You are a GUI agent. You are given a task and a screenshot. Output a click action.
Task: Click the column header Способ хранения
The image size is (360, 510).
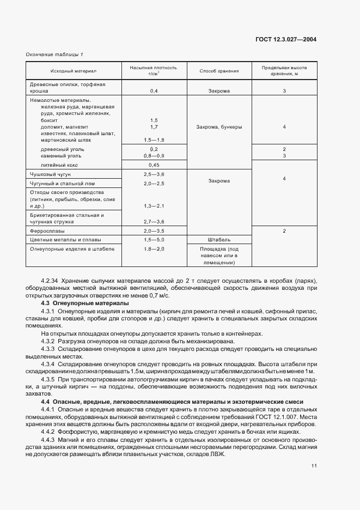[218, 71]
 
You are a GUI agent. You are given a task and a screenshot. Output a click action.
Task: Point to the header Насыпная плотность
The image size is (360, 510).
[154, 69]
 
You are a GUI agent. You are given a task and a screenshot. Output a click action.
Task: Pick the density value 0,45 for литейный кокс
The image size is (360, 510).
[154, 165]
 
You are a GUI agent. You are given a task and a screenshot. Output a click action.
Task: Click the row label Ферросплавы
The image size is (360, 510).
[47, 231]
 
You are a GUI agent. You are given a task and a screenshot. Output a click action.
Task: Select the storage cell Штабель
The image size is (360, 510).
[219, 239]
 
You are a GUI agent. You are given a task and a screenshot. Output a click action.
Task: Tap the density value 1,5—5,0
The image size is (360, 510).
[154, 239]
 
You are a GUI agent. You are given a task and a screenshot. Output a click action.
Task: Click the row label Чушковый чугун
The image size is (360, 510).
[50, 173]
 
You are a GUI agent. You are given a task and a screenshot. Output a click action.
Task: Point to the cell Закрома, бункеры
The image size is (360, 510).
[219, 127]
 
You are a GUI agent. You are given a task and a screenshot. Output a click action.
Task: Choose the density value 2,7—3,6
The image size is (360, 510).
[154, 222]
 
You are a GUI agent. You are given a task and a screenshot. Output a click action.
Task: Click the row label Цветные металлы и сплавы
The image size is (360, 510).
[65, 239]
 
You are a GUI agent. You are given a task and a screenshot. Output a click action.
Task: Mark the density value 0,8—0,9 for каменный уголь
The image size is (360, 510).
[154, 156]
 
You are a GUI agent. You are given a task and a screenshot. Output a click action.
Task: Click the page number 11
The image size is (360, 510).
[314, 465]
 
